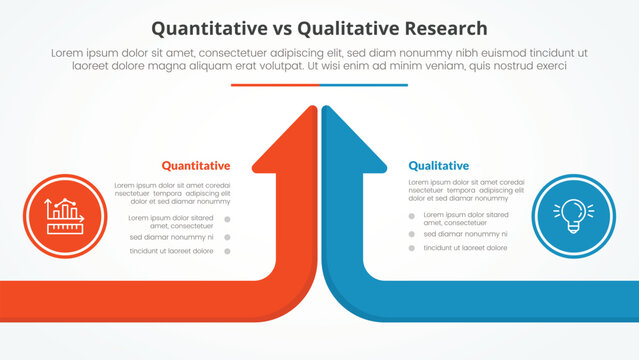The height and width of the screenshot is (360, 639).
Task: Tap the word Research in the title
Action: coord(446,28)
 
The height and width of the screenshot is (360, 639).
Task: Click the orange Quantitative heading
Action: coord(195,165)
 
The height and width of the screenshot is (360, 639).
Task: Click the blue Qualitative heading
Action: coord(438,165)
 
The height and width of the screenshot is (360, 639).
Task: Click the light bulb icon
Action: coord(574,215)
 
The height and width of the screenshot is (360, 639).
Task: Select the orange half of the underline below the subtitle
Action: coord(275,85)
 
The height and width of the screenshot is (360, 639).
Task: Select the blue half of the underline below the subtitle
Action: coord(364,85)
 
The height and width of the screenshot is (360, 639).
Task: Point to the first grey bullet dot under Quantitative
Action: coord(227,219)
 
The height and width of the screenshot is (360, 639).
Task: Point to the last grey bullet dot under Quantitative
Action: coord(227,251)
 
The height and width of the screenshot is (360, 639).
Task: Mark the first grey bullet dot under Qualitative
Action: coord(411,216)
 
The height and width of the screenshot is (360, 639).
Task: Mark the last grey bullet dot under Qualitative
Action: coord(411,248)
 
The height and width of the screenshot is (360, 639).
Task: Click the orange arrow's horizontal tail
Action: coord(120,301)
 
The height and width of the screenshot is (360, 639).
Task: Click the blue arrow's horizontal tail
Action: coord(520,301)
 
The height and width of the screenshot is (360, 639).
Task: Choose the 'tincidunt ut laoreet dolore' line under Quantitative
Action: coord(171,251)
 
